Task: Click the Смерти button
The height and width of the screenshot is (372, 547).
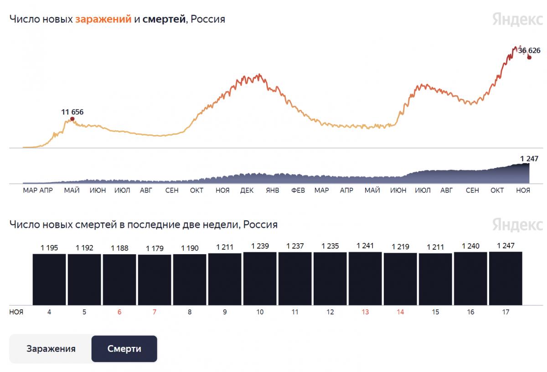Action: pyautogui.click(x=124, y=349)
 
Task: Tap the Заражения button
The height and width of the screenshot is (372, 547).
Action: pyautogui.click(x=51, y=349)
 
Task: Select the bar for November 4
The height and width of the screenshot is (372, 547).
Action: pyautogui.click(x=49, y=279)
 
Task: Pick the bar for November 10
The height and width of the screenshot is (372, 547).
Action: pyautogui.click(x=260, y=278)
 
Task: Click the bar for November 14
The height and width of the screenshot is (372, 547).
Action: pyautogui.click(x=400, y=279)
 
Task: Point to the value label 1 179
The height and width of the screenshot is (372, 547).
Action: pyautogui.click(x=155, y=248)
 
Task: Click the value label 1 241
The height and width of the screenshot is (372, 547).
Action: pyautogui.click(x=365, y=246)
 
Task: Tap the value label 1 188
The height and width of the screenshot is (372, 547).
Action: pyautogui.click(x=119, y=248)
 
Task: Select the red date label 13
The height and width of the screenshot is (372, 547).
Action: pyautogui.click(x=365, y=312)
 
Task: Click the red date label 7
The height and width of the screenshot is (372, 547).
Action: pyautogui.click(x=155, y=312)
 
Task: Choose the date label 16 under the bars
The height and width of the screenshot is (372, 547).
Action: pyautogui.click(x=470, y=312)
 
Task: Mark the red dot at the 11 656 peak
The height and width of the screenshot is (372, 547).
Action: pyautogui.click(x=72, y=119)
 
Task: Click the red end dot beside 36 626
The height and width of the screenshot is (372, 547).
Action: pyautogui.click(x=529, y=57)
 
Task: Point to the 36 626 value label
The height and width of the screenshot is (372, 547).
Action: pyautogui.click(x=529, y=50)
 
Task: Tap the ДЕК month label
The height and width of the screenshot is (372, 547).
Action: pyautogui.click(x=247, y=190)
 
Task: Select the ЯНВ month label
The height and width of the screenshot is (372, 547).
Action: pyautogui.click(x=272, y=190)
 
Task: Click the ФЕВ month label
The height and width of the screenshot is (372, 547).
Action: pyautogui.click(x=298, y=190)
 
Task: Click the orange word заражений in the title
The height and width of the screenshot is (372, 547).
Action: pyautogui.click(x=103, y=19)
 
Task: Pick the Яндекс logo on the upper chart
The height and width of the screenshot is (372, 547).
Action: pyautogui.click(x=517, y=19)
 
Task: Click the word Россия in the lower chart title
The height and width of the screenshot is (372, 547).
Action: pyautogui.click(x=260, y=225)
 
